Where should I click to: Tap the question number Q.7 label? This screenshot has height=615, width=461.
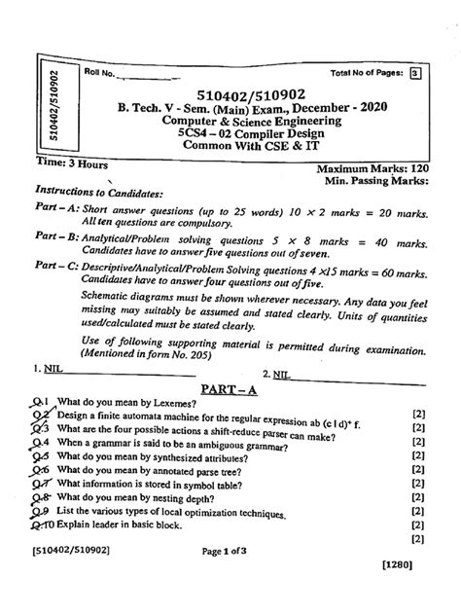[39, 496]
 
